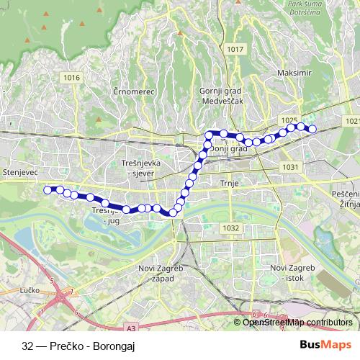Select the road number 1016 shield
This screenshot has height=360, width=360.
[71, 77]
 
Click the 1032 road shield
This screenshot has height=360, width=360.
[231, 228]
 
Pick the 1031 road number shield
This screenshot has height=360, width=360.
[290, 166]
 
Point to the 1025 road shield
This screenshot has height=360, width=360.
[289, 120]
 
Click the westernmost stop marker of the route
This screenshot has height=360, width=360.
[48, 190]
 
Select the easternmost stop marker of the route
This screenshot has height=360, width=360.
[312, 130]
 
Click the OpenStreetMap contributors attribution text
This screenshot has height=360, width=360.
[297, 322]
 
